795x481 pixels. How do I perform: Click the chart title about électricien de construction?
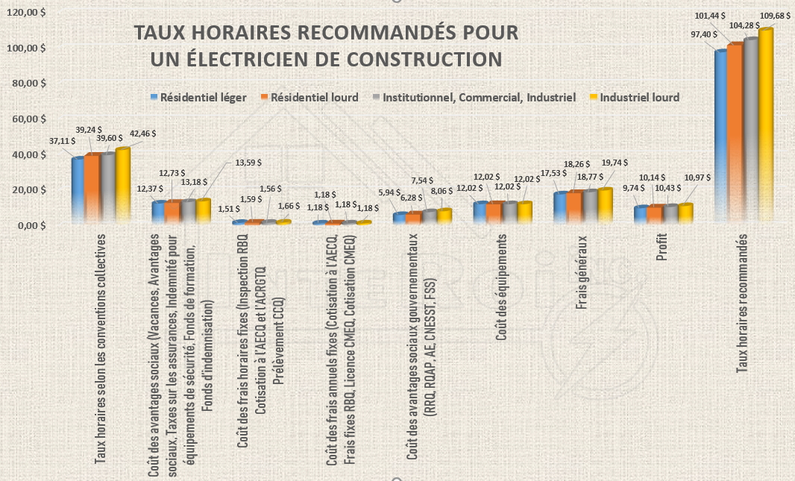tap(324, 45)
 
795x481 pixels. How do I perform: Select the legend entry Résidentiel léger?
tap(198, 97)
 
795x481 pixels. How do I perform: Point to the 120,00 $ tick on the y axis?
tap(27, 13)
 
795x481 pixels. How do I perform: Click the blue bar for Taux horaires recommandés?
tap(721, 135)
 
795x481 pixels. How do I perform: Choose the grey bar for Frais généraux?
tap(588, 206)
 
